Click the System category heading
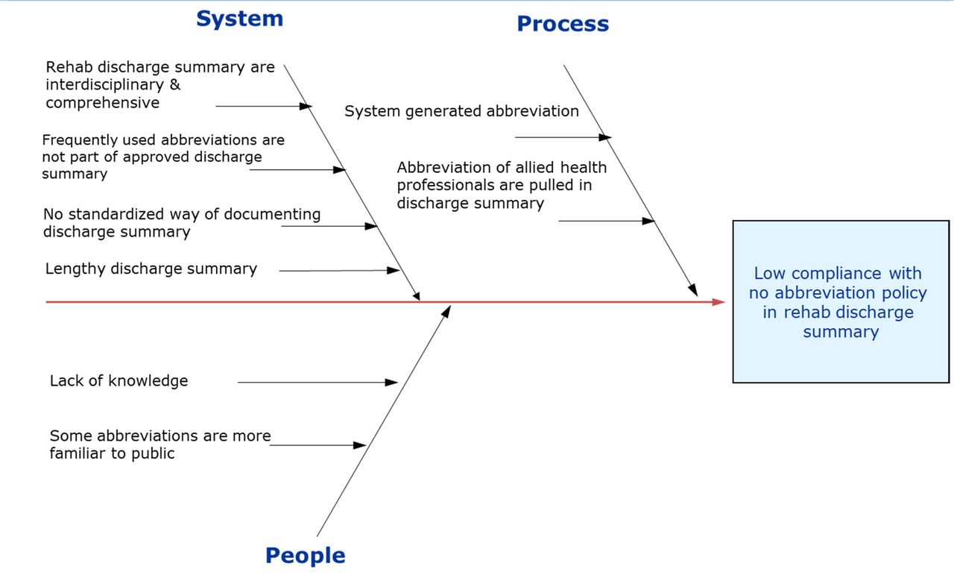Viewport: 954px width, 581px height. pos(239,19)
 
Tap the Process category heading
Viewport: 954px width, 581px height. pos(563,24)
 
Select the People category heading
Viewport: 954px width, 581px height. pos(305,556)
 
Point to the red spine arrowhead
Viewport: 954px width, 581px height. pos(719,302)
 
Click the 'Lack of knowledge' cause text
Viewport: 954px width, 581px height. pos(119,381)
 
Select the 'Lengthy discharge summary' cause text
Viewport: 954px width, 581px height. pos(151,268)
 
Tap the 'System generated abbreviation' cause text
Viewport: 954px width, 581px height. pos(461,111)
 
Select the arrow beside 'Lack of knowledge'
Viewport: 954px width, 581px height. pos(318,383)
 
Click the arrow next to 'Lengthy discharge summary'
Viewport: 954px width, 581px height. pos(340,271)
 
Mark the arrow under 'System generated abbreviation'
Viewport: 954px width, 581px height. pos(563,137)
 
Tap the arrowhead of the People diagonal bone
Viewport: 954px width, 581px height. pos(447,310)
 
